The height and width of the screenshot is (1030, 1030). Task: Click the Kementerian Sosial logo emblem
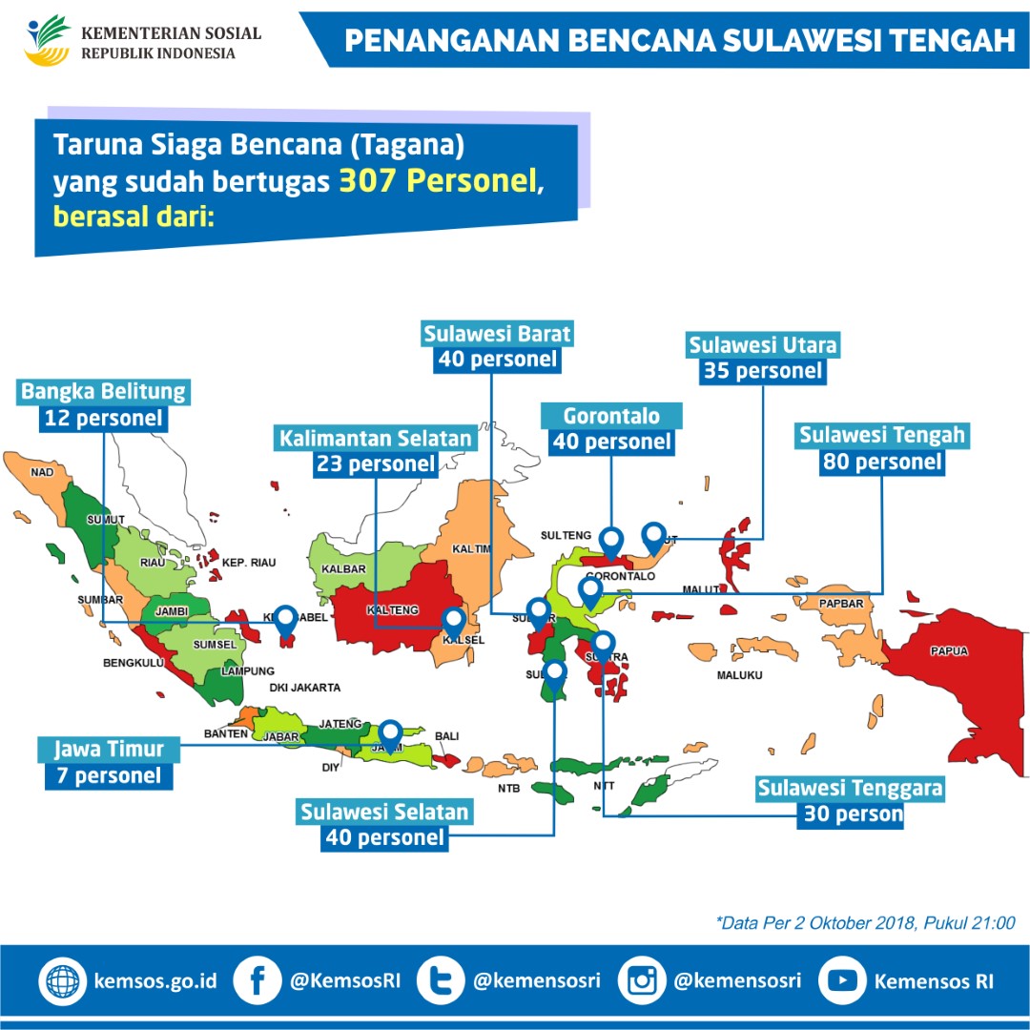pyautogui.click(x=48, y=40)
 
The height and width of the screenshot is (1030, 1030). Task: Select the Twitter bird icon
pyautogui.click(x=440, y=980)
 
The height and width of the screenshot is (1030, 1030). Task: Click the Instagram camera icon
pyautogui.click(x=641, y=980)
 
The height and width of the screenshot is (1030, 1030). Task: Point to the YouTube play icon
pyautogui.click(x=841, y=980)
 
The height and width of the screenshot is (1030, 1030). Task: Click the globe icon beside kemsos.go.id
pyautogui.click(x=63, y=980)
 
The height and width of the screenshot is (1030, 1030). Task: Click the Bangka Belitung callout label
pyautogui.click(x=104, y=391)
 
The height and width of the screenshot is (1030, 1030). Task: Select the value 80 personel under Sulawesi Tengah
pyautogui.click(x=881, y=463)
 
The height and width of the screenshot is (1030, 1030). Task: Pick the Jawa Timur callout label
pyautogui.click(x=109, y=749)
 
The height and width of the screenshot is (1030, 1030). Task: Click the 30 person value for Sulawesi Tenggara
pyautogui.click(x=853, y=814)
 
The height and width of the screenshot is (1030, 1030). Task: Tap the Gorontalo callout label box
pyautogui.click(x=611, y=416)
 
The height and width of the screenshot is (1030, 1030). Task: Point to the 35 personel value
pyautogui.click(x=762, y=370)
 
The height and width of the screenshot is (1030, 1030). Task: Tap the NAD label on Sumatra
pyautogui.click(x=42, y=471)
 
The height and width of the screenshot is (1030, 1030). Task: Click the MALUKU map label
pyautogui.click(x=739, y=675)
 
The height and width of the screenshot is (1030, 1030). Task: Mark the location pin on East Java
pyautogui.click(x=390, y=734)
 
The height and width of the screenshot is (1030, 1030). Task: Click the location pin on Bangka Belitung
pyautogui.click(x=284, y=620)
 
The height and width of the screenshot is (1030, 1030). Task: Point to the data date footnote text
pyautogui.click(x=865, y=922)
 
